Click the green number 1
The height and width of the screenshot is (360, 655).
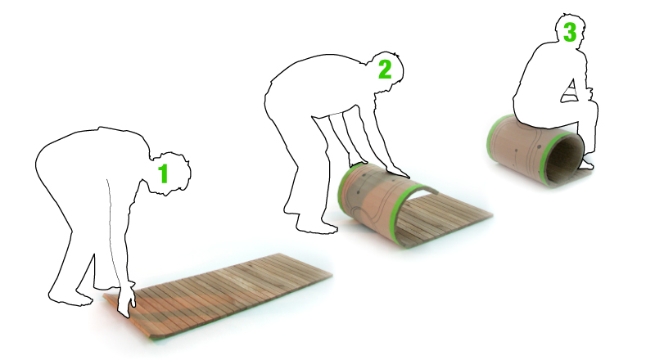tap(163, 173)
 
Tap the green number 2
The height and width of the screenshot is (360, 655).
tap(385, 70)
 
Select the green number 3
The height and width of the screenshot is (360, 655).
tap(570, 32)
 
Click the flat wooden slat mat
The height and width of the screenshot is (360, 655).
tap(217, 292)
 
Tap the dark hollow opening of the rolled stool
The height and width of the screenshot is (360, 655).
tap(565, 160)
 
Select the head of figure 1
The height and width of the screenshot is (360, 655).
tap(170, 173)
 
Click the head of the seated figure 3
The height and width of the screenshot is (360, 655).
tap(570, 29)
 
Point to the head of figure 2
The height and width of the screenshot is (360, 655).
tap(386, 70)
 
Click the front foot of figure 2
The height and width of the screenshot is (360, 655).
tap(317, 227)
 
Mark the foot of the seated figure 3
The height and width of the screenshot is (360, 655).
tap(587, 164)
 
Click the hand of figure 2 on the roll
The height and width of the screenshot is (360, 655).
tap(398, 171)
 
